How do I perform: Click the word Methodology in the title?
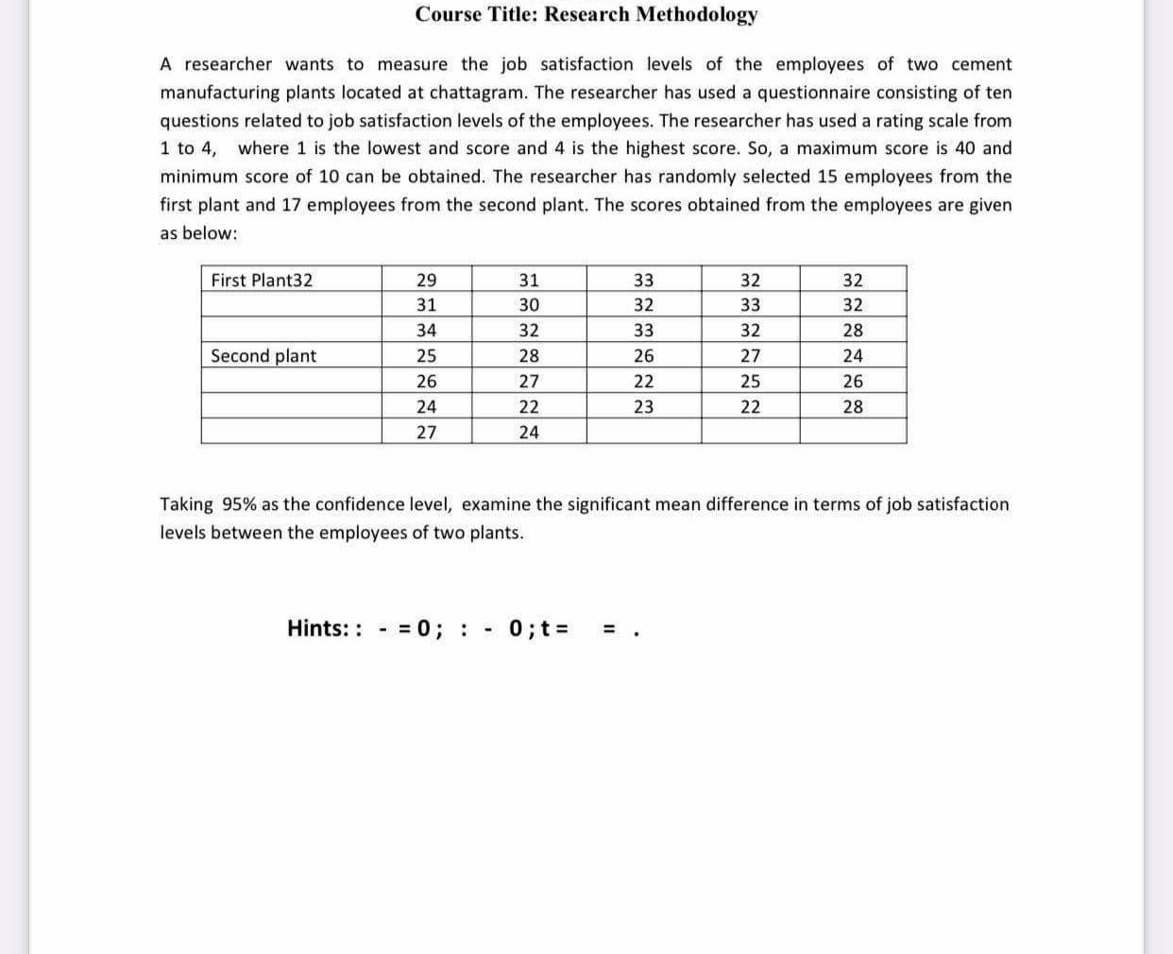coord(696,14)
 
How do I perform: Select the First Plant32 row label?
coord(262,280)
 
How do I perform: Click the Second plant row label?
coord(263,356)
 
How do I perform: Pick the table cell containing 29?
coord(427,280)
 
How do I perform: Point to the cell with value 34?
coord(427,331)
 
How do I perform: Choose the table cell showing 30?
coord(530,305)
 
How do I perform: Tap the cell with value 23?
coord(643,407)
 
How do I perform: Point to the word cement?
coord(981,64)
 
